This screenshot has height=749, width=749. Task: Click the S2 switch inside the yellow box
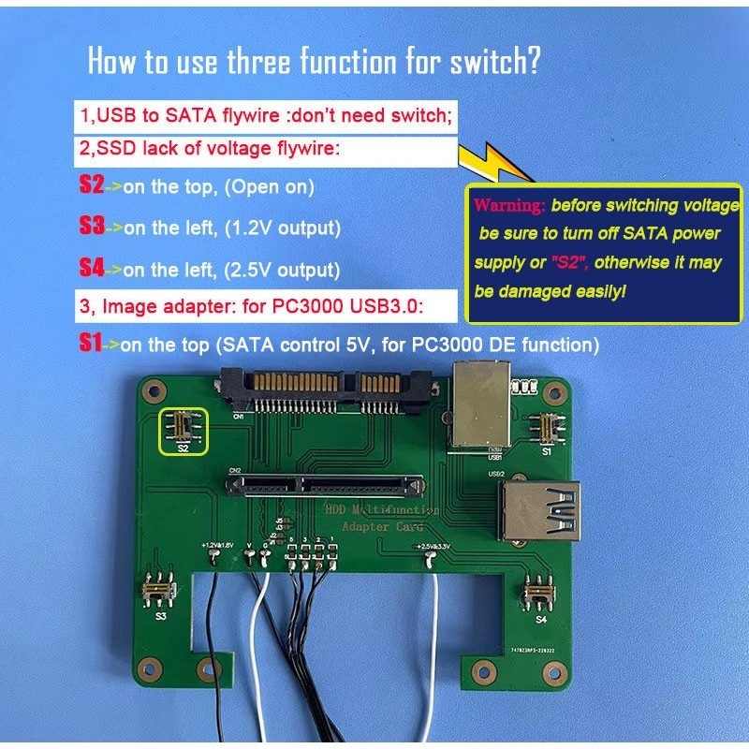184,429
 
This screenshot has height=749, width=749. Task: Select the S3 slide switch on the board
161,591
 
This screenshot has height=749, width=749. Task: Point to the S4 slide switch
540,593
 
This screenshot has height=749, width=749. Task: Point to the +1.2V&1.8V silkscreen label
216,545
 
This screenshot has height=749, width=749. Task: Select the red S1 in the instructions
91,344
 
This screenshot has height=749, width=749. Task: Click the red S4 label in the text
91,269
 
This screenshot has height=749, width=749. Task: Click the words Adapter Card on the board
379,527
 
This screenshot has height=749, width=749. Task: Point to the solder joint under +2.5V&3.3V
430,561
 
